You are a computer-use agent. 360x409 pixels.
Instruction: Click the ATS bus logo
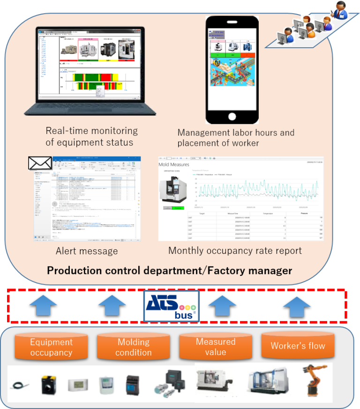[171, 306]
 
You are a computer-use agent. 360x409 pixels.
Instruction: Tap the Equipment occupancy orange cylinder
[51, 347]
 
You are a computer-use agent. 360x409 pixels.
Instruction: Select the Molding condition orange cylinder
[134, 347]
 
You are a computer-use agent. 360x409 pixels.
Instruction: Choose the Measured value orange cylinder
[216, 347]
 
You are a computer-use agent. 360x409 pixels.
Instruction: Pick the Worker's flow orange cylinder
[298, 346]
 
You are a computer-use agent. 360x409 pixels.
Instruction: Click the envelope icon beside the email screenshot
[40, 163]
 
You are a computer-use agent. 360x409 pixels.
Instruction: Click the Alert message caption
[87, 251]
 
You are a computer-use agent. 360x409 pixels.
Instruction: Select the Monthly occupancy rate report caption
[235, 251]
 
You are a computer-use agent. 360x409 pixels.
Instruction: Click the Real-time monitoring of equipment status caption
[91, 136]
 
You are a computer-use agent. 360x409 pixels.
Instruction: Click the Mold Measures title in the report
[174, 164]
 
